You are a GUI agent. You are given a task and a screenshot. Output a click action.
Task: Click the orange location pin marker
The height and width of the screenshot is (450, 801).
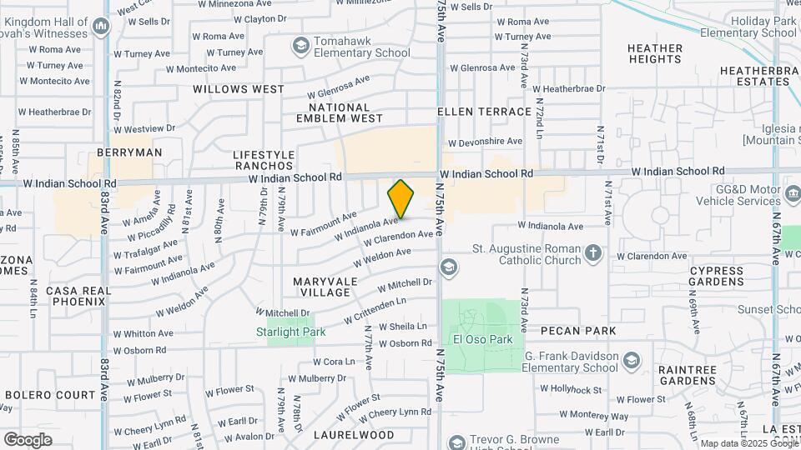(x=400, y=198)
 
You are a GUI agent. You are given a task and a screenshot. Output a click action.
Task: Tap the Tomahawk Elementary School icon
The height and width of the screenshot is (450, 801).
(x=300, y=44)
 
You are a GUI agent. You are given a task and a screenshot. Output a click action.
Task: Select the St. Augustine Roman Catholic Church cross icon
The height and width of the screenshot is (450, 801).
(x=592, y=253)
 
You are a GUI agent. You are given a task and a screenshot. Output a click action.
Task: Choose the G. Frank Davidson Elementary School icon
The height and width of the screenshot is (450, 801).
(x=632, y=360)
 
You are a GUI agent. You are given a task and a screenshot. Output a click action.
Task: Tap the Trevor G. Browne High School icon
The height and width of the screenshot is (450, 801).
(x=456, y=442)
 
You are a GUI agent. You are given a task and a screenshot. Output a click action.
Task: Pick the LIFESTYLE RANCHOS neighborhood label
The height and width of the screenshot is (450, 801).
(x=264, y=160)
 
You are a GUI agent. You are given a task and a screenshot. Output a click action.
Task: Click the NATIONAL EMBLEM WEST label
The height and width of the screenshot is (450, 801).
(x=339, y=112)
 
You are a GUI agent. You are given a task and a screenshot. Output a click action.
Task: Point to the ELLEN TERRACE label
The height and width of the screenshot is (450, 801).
(x=485, y=112)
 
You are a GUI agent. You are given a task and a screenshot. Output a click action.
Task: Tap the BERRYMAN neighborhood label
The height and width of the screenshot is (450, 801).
(x=129, y=152)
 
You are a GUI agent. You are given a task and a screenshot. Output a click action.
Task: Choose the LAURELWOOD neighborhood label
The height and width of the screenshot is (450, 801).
(x=354, y=435)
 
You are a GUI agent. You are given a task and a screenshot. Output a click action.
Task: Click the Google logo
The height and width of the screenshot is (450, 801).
(x=28, y=439)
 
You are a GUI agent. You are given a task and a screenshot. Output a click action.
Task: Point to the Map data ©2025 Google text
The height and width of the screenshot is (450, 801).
(x=748, y=443)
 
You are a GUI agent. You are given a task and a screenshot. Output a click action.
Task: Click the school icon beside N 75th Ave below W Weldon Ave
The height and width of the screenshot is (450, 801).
(x=449, y=267)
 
